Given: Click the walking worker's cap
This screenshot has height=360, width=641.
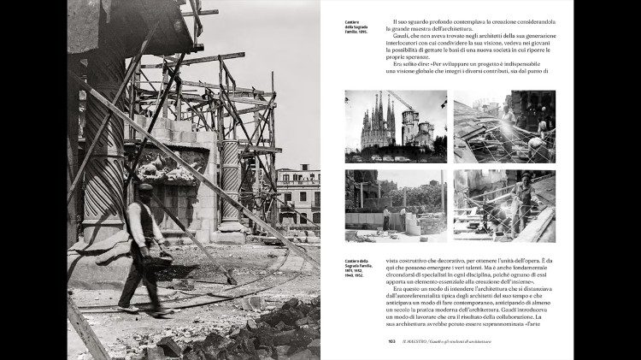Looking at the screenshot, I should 145,187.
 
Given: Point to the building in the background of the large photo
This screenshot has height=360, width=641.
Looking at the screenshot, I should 298,193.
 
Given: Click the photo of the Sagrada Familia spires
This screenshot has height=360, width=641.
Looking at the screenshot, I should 395,126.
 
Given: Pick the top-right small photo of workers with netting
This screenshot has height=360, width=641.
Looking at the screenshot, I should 504,126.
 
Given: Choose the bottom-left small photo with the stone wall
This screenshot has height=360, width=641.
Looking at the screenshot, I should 395,205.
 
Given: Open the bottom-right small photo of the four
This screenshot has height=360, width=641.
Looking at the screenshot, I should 504,205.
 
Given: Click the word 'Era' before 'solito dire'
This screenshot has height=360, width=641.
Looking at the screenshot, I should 398,64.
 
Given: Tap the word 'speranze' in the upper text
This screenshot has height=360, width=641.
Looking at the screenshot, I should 411,55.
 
